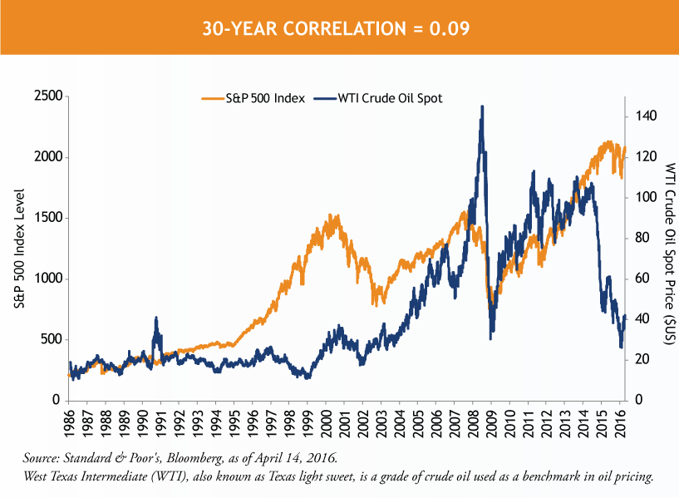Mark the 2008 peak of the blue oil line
pos(482,107)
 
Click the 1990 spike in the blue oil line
pos(156,318)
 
